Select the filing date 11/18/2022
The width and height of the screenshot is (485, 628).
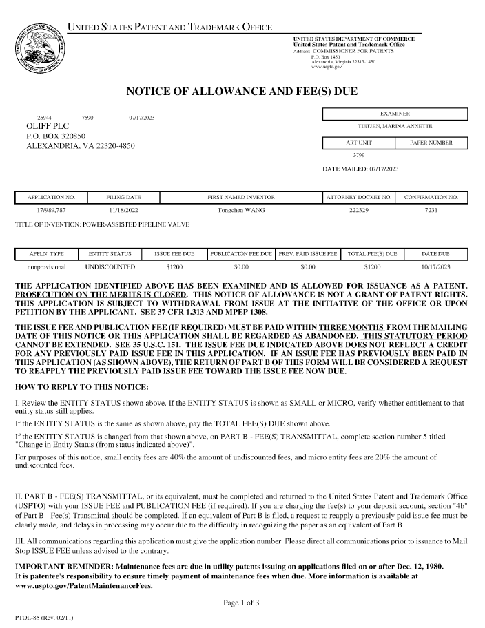click(124, 209)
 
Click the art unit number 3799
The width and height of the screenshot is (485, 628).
click(358, 155)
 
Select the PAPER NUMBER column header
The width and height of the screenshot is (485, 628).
click(431, 143)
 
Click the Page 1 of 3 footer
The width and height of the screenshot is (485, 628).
click(242, 603)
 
